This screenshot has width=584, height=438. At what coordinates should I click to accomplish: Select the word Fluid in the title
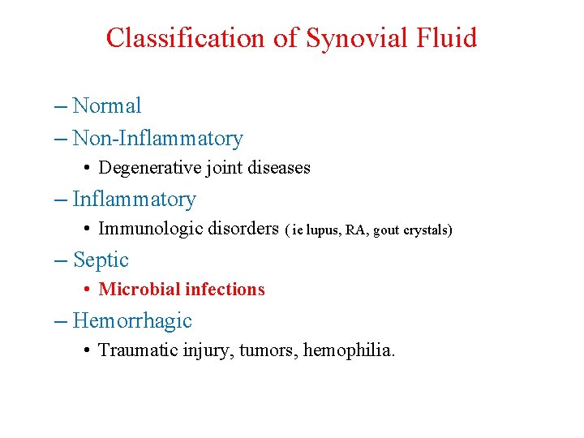pos(445,38)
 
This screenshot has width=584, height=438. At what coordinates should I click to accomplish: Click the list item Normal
pos(107,105)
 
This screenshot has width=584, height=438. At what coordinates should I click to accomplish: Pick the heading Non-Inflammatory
pos(157,139)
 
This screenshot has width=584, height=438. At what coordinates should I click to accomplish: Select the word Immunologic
pos(149,229)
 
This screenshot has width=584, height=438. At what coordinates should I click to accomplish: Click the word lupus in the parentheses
pos(323,230)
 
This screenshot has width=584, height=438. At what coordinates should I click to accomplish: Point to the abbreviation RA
pos(355,230)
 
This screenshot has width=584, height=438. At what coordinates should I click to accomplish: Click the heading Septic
pos(101,260)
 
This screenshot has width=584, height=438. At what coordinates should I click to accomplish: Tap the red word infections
pos(225,290)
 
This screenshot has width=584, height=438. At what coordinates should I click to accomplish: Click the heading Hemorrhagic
pos(132,320)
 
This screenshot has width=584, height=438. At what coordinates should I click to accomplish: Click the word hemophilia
pos(349,350)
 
